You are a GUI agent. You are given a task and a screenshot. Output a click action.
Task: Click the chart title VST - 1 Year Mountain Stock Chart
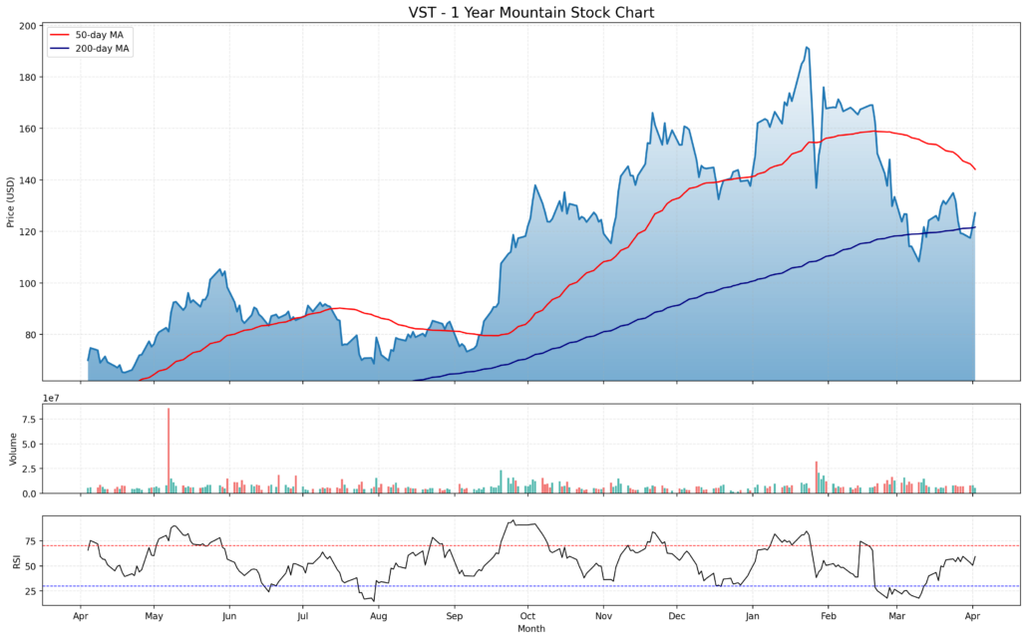pos(531,12)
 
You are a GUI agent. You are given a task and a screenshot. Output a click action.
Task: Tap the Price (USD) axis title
pos(11,202)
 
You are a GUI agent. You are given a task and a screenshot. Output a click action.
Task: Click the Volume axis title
pos(13,449)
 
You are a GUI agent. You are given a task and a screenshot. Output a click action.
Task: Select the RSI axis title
pos(15,562)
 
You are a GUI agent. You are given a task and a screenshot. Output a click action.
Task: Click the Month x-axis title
pos(531,629)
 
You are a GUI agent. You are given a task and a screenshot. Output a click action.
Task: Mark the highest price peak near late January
pos(806,47)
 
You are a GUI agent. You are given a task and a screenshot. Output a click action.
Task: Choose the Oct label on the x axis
pos(527,616)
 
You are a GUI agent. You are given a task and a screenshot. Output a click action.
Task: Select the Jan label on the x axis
pos(753,616)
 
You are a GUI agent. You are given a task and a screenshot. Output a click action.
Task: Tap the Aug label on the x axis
pos(378,616)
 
